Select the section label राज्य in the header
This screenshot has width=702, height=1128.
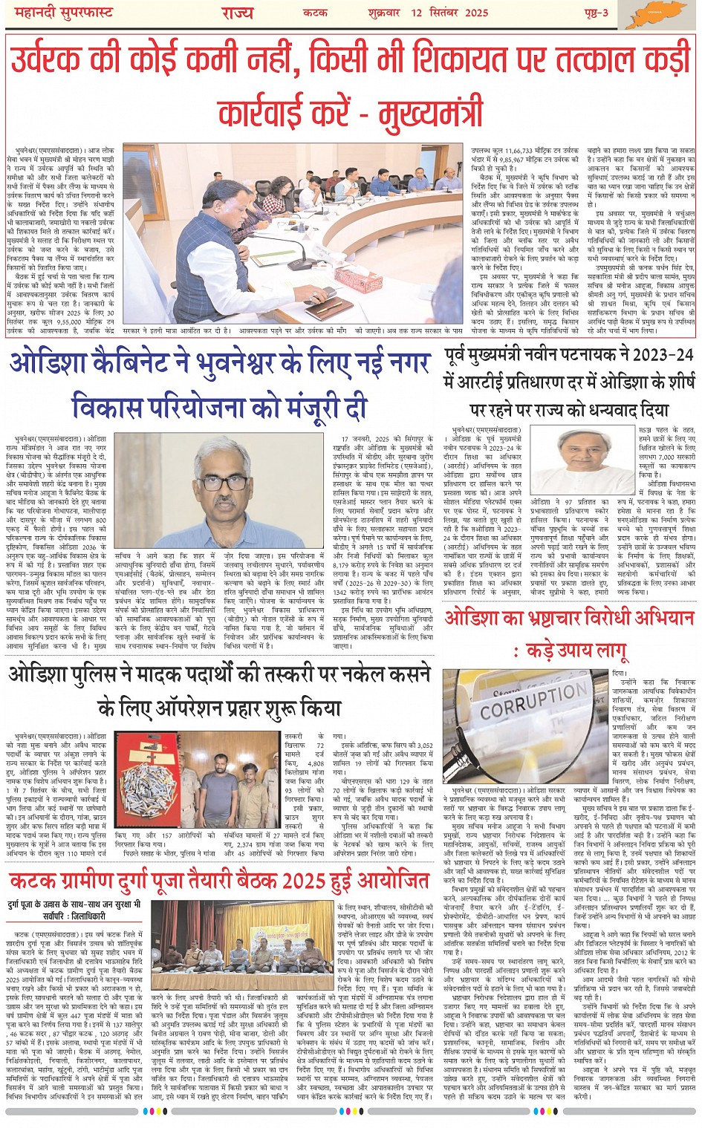point(237,13)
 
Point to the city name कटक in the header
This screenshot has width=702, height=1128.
point(316,13)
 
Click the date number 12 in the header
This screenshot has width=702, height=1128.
point(416,13)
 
